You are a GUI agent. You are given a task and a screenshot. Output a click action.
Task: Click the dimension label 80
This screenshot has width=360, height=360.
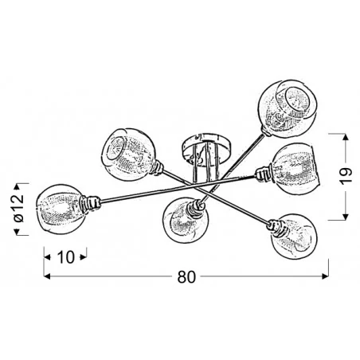[x=186, y=277]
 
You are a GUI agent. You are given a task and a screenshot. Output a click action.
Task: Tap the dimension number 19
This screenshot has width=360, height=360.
[x=346, y=175]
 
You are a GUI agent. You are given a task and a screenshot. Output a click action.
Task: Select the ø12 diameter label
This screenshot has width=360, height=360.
[x=18, y=209]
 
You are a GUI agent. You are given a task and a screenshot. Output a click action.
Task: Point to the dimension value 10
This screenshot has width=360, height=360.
[x=65, y=257]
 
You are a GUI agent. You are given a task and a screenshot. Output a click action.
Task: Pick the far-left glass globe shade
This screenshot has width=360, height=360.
[x=61, y=209]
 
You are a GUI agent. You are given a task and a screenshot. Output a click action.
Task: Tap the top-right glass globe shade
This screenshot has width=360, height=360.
[x=288, y=109]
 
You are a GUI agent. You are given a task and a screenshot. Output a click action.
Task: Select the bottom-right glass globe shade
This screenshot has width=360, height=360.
[x=294, y=237]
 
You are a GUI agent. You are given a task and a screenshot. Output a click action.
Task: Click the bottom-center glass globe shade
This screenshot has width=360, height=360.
[x=186, y=220]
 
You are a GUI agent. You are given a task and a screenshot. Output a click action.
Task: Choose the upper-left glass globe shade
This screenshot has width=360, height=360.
[x=127, y=155]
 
